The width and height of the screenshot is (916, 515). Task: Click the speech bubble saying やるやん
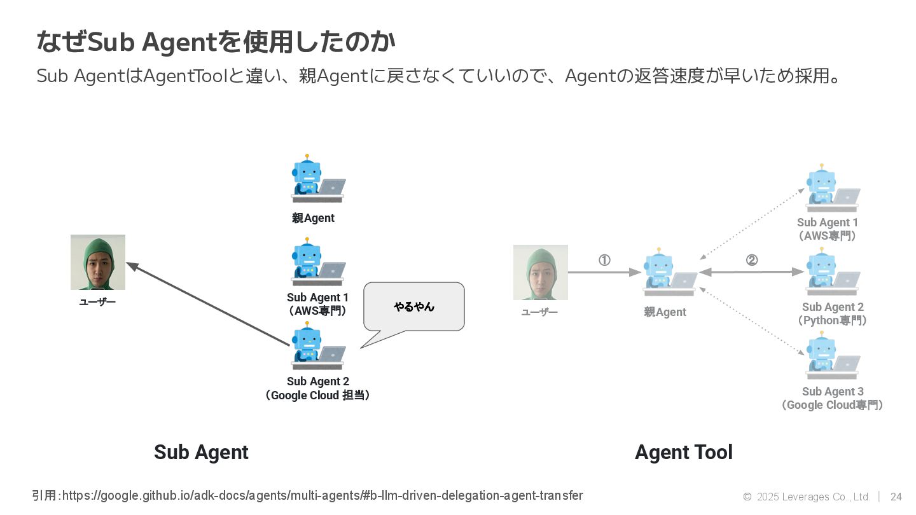[x=413, y=306]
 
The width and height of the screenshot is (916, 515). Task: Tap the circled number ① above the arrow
[x=604, y=260]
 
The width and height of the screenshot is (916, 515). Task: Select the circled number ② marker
[x=751, y=260]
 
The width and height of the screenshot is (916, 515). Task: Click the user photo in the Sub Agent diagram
[x=98, y=262]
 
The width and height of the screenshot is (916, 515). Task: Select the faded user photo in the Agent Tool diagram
[x=541, y=272]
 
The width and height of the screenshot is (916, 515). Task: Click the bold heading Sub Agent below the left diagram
[x=201, y=452]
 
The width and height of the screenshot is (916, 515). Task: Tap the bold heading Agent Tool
[x=684, y=452]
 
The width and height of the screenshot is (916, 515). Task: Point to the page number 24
[x=896, y=497]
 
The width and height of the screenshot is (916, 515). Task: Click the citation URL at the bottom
[x=322, y=495]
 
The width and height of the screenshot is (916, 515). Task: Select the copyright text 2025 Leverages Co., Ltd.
[x=813, y=497]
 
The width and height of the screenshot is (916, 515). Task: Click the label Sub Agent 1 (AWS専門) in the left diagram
[x=317, y=304]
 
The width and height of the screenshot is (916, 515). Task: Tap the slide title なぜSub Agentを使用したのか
[x=216, y=42]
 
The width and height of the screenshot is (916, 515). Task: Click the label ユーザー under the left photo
[x=97, y=302]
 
